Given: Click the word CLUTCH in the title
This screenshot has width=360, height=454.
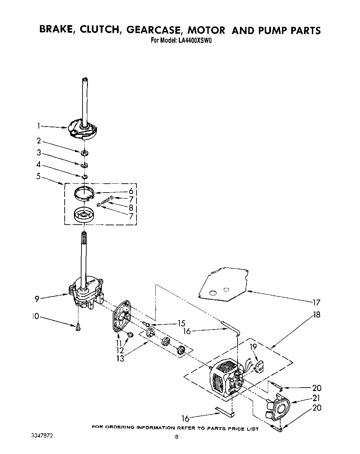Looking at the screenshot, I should [x=100, y=30].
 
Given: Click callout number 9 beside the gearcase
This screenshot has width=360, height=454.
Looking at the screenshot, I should [x=37, y=299].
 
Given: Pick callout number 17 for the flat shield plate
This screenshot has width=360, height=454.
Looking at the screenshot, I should [x=316, y=303].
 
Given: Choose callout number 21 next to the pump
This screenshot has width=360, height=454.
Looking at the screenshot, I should [x=316, y=398].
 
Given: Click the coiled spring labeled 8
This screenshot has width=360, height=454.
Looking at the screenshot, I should [x=105, y=203].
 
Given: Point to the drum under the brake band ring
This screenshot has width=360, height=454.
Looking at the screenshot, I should [x=84, y=216].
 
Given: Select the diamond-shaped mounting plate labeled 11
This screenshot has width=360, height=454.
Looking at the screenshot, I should [x=122, y=316].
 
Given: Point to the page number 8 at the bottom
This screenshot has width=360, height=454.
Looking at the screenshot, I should [x=176, y=437].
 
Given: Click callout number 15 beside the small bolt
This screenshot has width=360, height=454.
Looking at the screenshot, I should [x=181, y=324].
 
